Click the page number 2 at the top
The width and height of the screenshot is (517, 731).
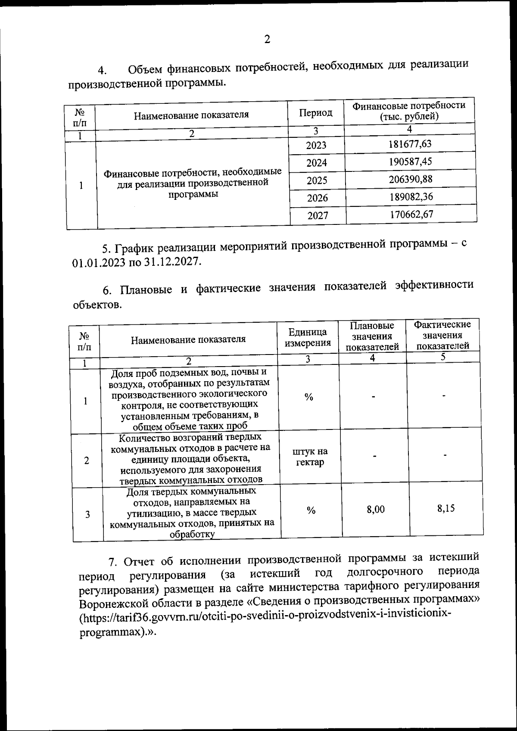(x=267, y=40)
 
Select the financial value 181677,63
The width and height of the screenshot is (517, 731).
(x=410, y=144)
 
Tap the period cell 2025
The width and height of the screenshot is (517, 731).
(x=317, y=180)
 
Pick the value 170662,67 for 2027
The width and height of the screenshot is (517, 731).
(x=411, y=214)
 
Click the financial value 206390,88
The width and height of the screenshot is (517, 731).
(x=411, y=179)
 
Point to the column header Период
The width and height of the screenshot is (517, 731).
(x=316, y=113)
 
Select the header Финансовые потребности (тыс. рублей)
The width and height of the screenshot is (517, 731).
(x=409, y=111)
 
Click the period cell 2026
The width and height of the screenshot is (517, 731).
(x=317, y=198)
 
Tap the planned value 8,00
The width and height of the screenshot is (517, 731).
(x=376, y=510)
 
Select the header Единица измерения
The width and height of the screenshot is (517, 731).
(x=308, y=337)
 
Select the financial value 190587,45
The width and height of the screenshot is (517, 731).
(x=410, y=162)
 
